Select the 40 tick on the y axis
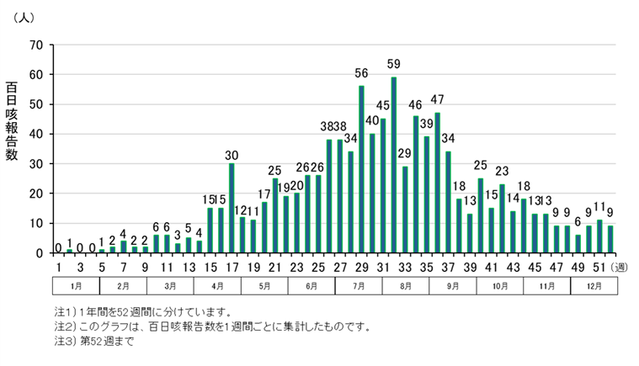[38, 134]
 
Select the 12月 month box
[594, 286]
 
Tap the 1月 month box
[77, 286]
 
